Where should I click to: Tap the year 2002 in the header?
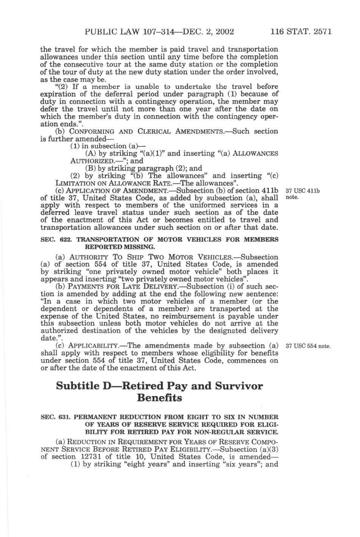coord(224,32)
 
